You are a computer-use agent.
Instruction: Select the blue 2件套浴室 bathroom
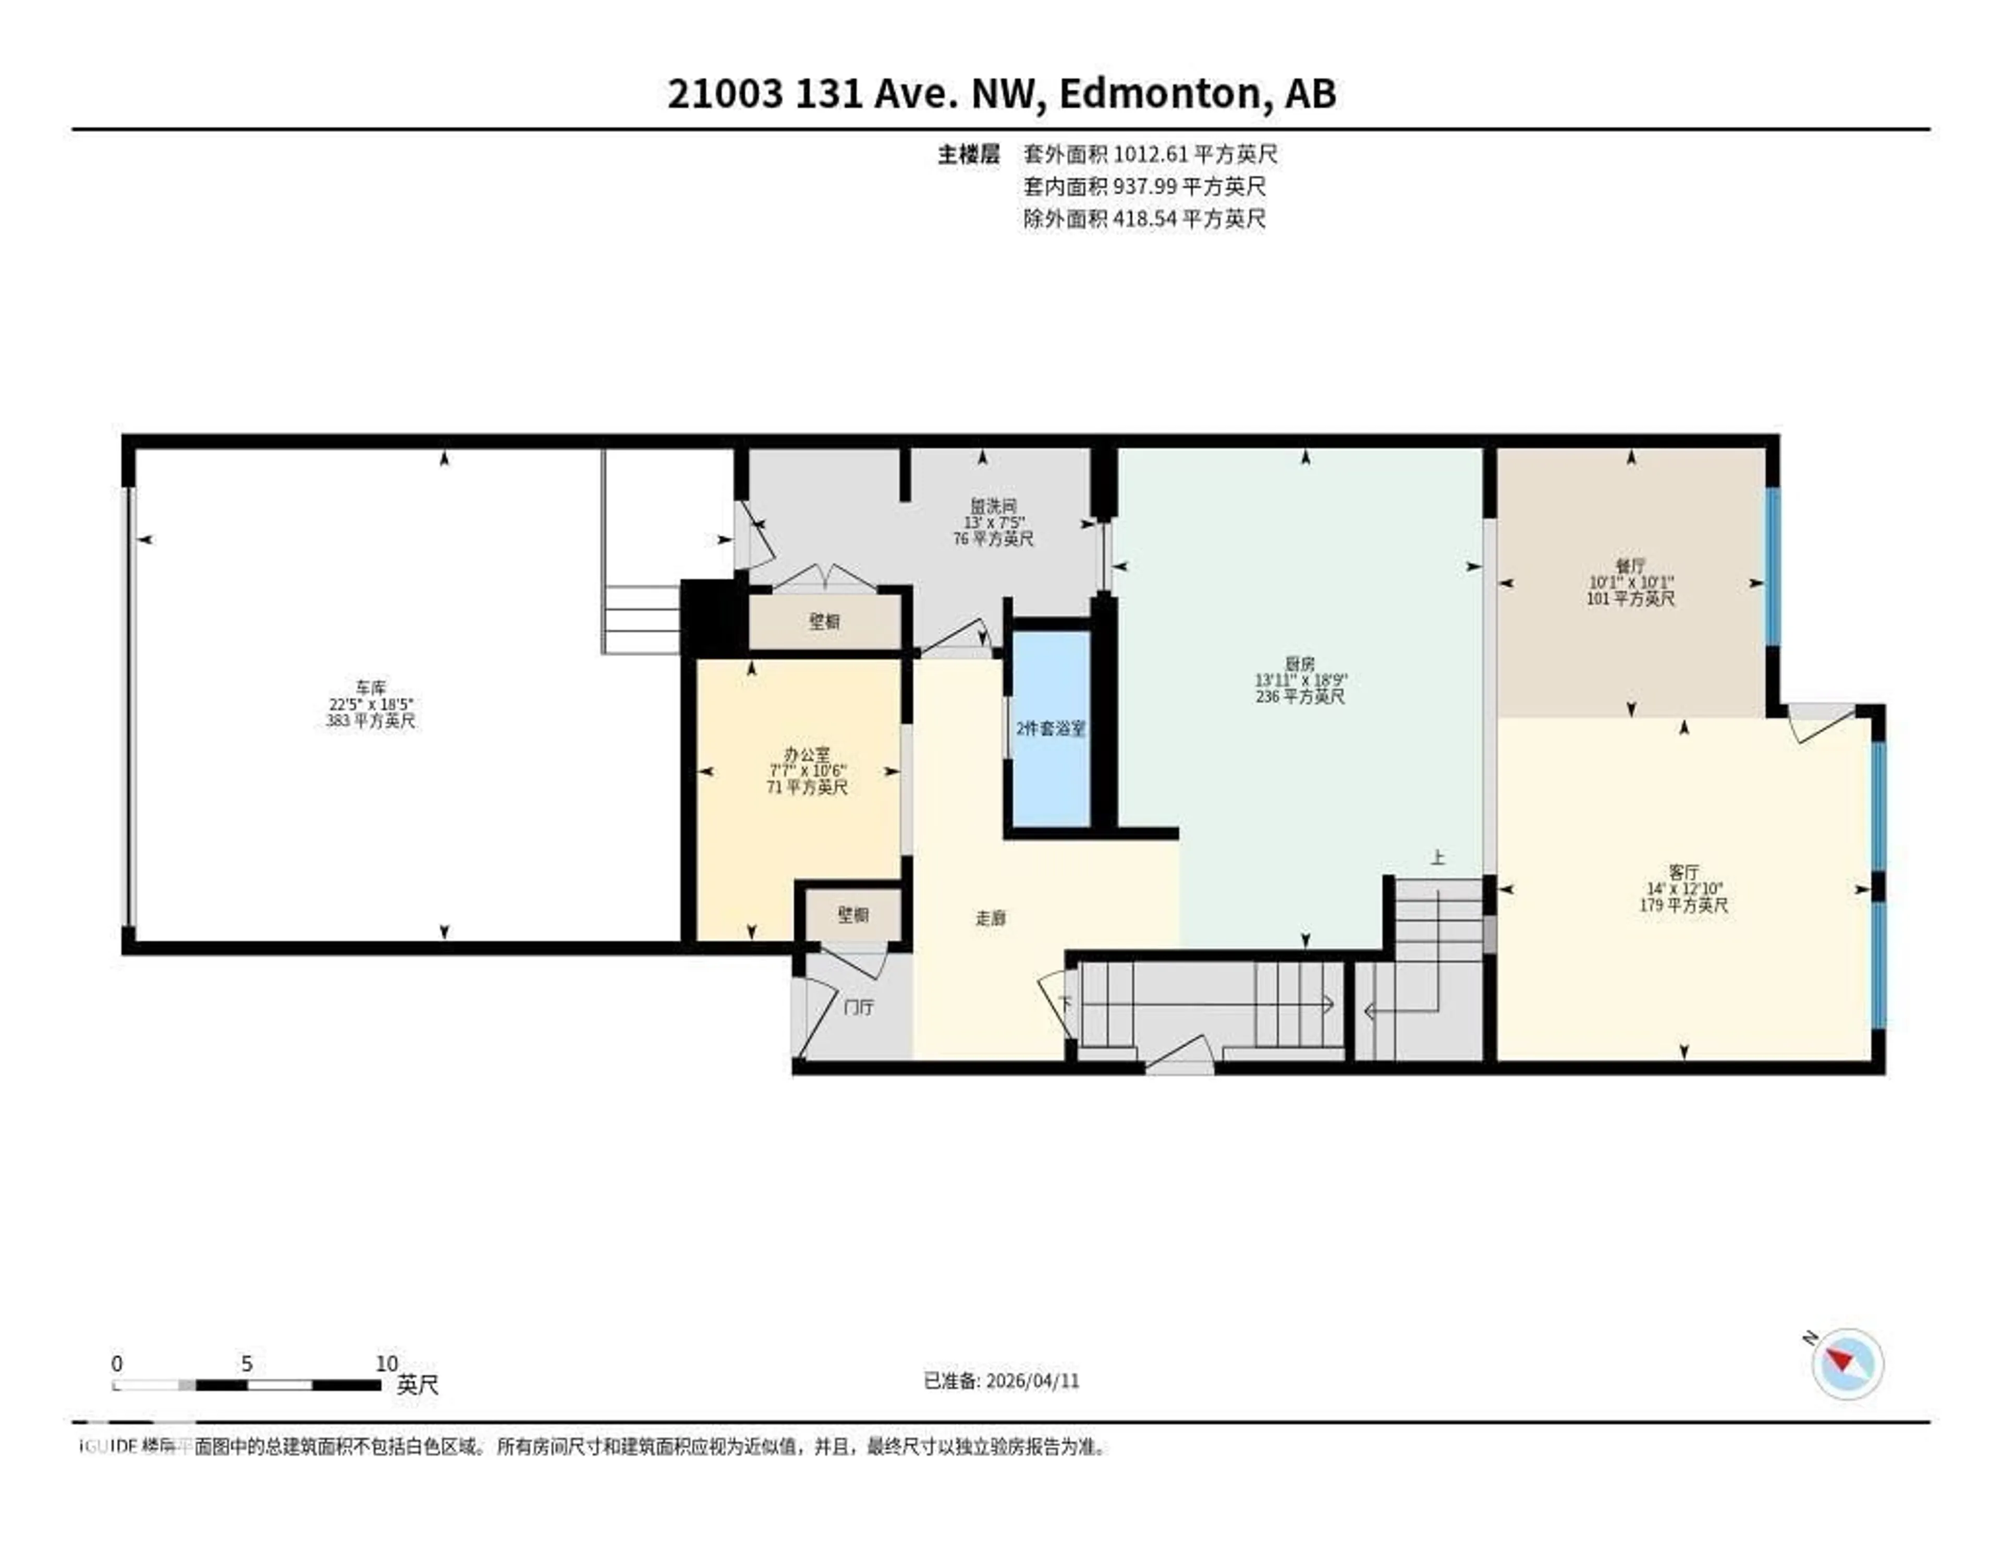1051,729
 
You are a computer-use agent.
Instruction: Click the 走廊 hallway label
990,918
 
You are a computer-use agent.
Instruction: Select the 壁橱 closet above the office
824,622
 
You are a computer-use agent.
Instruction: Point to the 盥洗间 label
993,506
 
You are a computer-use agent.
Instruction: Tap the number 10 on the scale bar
387,1363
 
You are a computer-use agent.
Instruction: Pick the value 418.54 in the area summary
1144,218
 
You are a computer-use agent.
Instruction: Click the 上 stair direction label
1437,859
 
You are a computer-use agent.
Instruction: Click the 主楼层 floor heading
968,154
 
